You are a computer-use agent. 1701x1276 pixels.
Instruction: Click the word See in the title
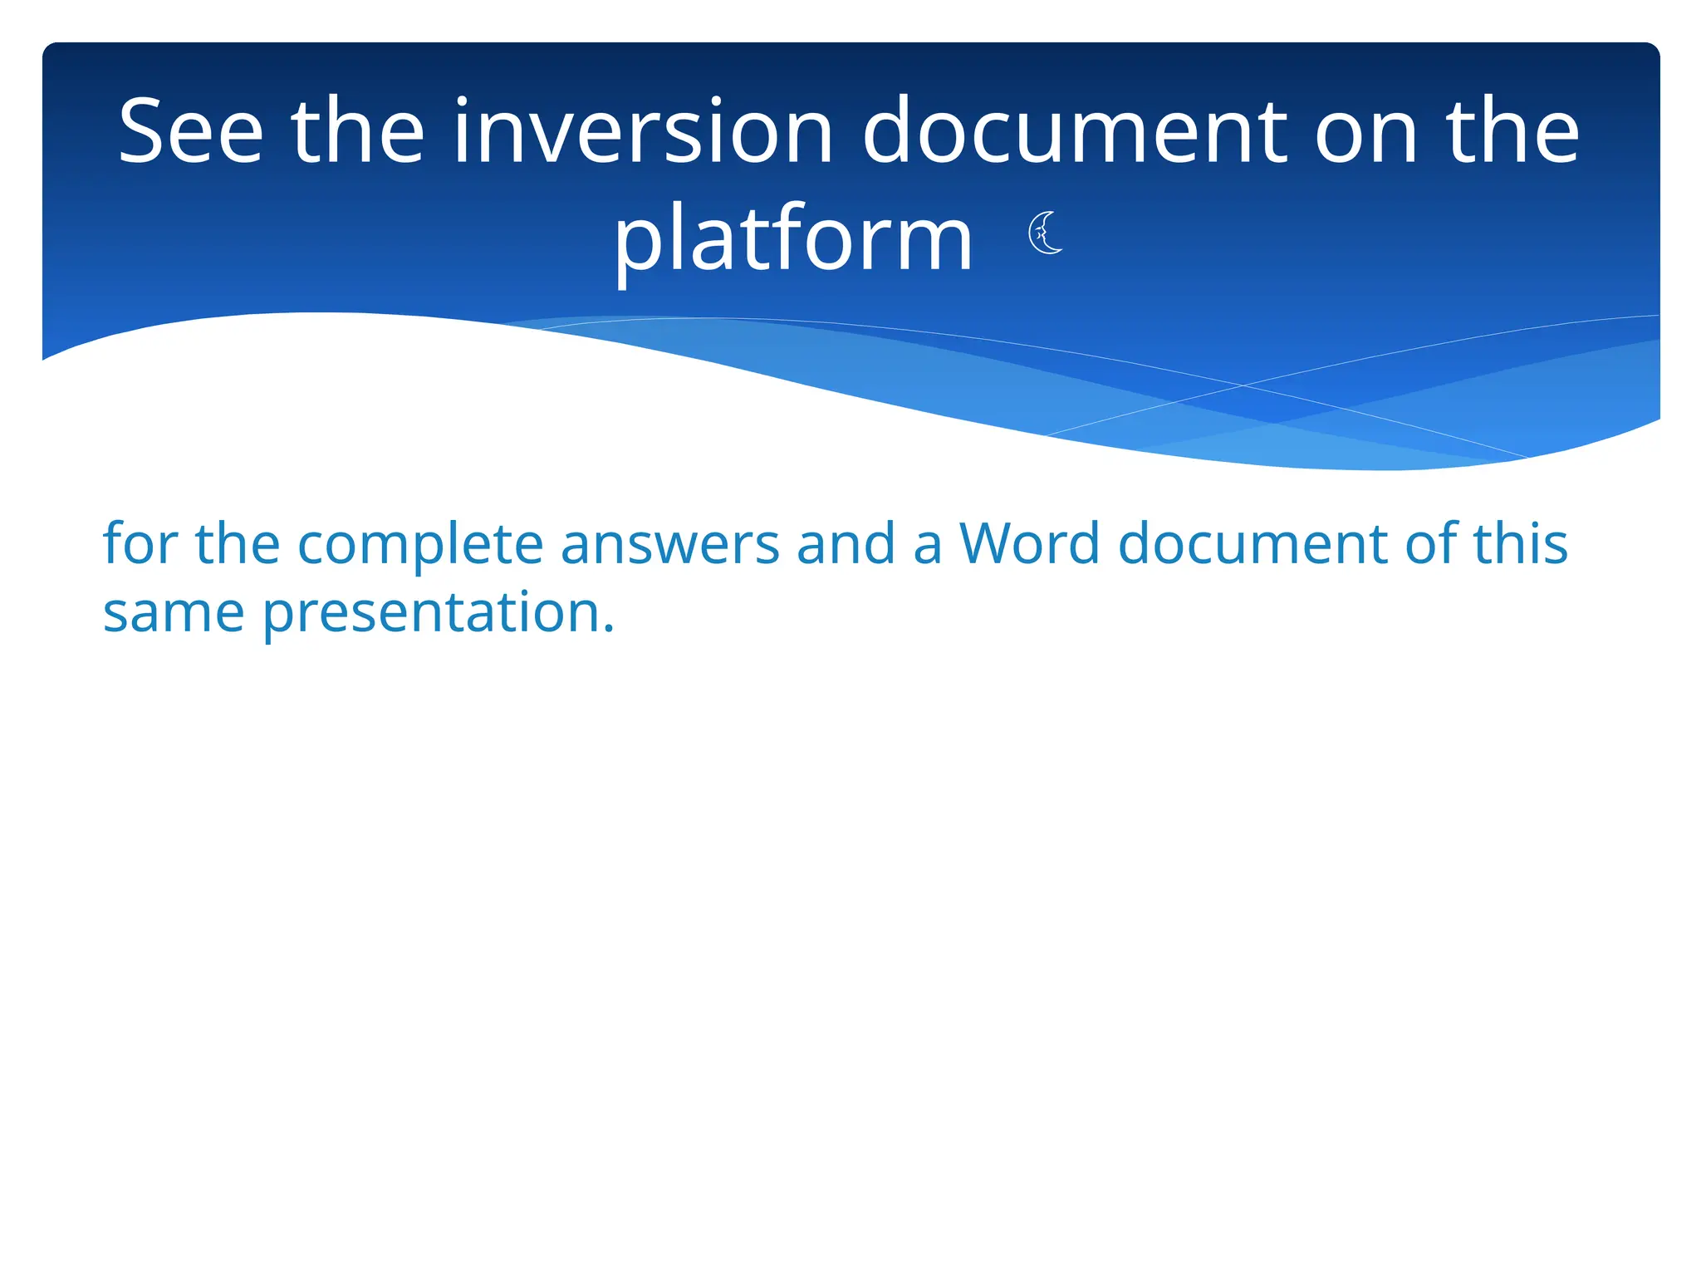[191, 131]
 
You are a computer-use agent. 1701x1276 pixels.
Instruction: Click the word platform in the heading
[792, 241]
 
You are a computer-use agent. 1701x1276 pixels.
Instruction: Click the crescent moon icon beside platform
[1045, 233]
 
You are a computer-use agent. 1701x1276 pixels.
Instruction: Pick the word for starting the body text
[140, 544]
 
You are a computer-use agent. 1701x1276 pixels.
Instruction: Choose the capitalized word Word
[1029, 544]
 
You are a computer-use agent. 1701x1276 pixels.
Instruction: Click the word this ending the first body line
[1520, 544]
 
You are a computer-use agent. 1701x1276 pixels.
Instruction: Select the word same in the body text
[173, 613]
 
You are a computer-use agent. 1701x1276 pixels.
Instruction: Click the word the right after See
[357, 131]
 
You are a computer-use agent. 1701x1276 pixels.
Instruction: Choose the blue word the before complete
[237, 544]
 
